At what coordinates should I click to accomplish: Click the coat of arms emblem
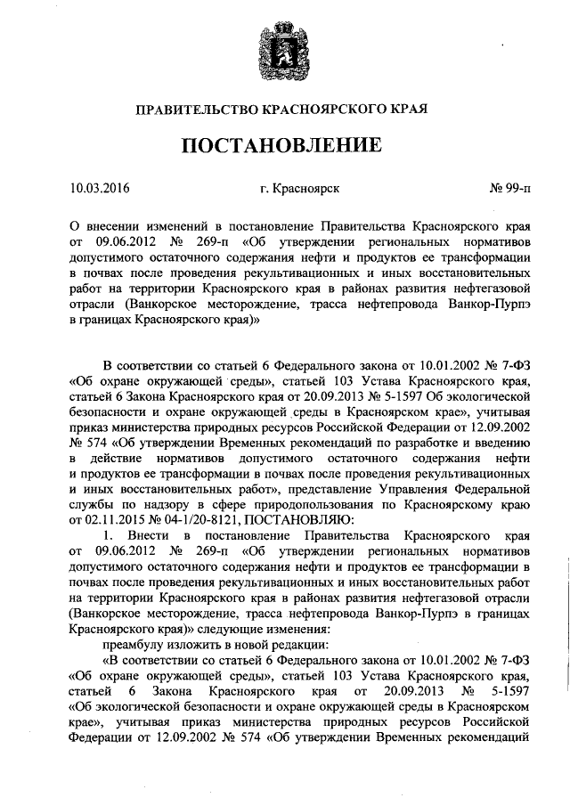pyautogui.click(x=285, y=49)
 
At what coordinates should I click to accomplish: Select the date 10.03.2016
pyautogui.click(x=99, y=189)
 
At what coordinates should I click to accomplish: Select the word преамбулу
pyautogui.click(x=136, y=644)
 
